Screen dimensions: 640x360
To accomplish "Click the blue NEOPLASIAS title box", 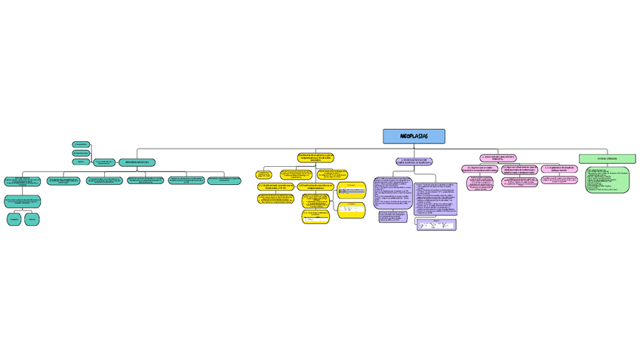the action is [414, 137].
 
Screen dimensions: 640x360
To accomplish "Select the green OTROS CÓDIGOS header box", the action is [607, 158].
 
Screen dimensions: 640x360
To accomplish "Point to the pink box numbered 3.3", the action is [559, 168].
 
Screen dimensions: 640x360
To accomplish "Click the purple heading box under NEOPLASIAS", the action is [414, 162].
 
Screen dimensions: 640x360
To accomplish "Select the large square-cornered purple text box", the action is [392, 193].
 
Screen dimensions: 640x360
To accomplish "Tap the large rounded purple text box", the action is [435, 198].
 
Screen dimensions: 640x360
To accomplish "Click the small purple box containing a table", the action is [436, 224].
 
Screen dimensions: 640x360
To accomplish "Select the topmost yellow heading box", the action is [315, 158].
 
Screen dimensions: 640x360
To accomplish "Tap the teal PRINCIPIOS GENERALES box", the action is [137, 162].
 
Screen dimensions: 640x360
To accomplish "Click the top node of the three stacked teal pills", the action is [81, 143].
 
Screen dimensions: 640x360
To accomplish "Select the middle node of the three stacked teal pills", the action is [81, 152].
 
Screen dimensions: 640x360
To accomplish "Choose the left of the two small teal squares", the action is [14, 219].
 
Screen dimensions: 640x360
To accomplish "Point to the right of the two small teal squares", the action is [32, 219].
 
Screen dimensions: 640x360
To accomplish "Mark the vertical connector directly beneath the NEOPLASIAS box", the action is [414, 146].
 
